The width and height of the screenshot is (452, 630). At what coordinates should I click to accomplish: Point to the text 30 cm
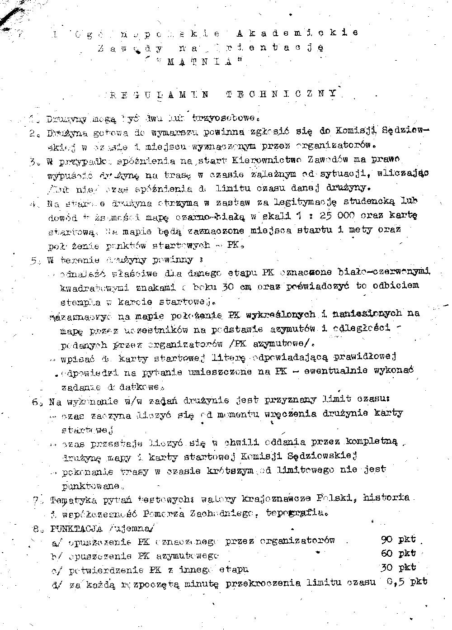click(237, 287)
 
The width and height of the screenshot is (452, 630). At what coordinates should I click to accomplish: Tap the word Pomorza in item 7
click(166, 513)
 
